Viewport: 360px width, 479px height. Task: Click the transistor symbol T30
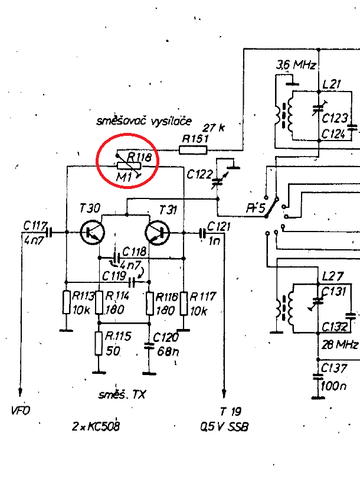click(x=91, y=232)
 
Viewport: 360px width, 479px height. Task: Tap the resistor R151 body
click(x=193, y=149)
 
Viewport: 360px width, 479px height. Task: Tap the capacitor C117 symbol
click(x=49, y=232)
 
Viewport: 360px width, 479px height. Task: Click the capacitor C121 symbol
click(x=202, y=233)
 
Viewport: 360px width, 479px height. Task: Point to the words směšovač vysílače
click(x=145, y=122)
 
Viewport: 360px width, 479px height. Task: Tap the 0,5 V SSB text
click(x=224, y=426)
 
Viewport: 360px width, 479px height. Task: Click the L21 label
click(x=332, y=84)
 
